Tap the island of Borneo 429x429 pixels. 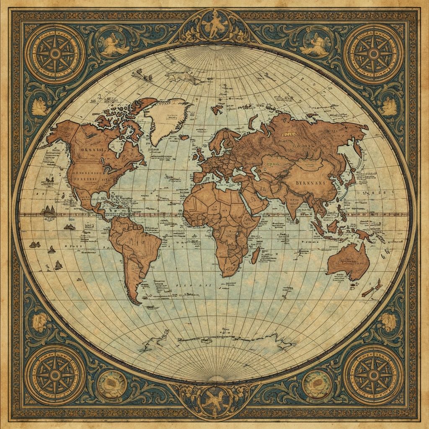[333, 226]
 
